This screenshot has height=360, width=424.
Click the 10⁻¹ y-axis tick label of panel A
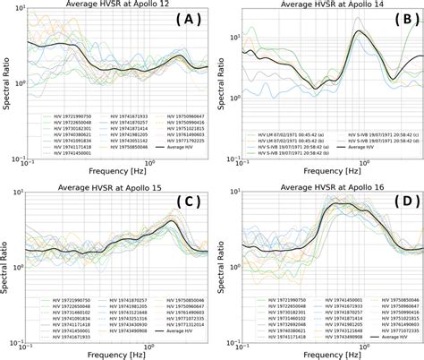point(18,159)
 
